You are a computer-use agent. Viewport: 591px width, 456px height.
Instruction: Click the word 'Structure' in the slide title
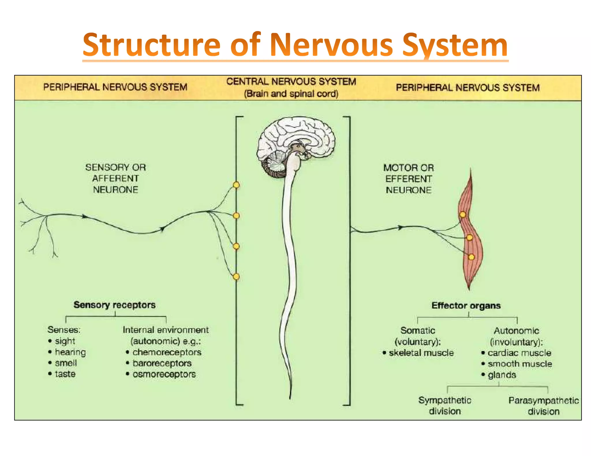click(152, 45)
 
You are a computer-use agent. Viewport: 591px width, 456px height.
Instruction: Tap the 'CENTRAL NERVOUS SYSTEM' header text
click(291, 82)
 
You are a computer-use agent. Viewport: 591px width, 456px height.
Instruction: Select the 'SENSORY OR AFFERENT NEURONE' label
click(115, 178)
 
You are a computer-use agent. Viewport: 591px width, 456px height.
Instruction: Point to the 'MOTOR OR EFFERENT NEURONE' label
click(408, 179)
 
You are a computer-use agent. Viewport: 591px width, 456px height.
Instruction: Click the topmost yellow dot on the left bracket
click(236, 185)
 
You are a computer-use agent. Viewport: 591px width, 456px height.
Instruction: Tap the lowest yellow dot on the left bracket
click(236, 277)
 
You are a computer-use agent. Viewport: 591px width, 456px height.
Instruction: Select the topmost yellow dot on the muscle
click(463, 214)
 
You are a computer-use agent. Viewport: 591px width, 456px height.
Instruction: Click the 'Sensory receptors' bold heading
click(115, 305)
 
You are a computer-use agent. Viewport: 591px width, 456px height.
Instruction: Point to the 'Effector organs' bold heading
click(466, 306)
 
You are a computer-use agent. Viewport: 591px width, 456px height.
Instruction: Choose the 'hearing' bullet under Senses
click(70, 352)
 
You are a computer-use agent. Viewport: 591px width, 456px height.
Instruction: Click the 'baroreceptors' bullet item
click(162, 363)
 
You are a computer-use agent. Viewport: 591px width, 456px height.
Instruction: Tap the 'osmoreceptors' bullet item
click(164, 374)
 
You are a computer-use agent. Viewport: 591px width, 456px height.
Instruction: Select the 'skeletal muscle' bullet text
click(421, 353)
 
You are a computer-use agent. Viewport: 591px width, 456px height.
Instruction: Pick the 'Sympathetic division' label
click(445, 406)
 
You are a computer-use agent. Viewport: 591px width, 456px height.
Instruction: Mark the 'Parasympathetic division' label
click(544, 406)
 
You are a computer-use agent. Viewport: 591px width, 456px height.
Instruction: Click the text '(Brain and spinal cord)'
click(291, 94)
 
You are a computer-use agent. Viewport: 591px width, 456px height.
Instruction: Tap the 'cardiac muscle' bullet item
click(519, 353)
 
